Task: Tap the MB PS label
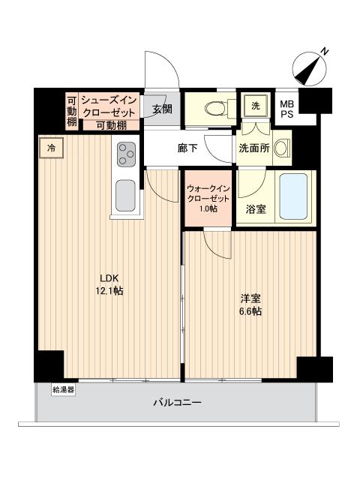[287, 109]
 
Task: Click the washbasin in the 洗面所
[282, 148]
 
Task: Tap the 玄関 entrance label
[162, 109]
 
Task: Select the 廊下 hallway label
[187, 148]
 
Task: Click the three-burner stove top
[125, 155]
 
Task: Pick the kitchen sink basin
[124, 197]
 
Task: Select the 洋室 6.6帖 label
[251, 305]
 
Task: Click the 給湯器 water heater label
[64, 389]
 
